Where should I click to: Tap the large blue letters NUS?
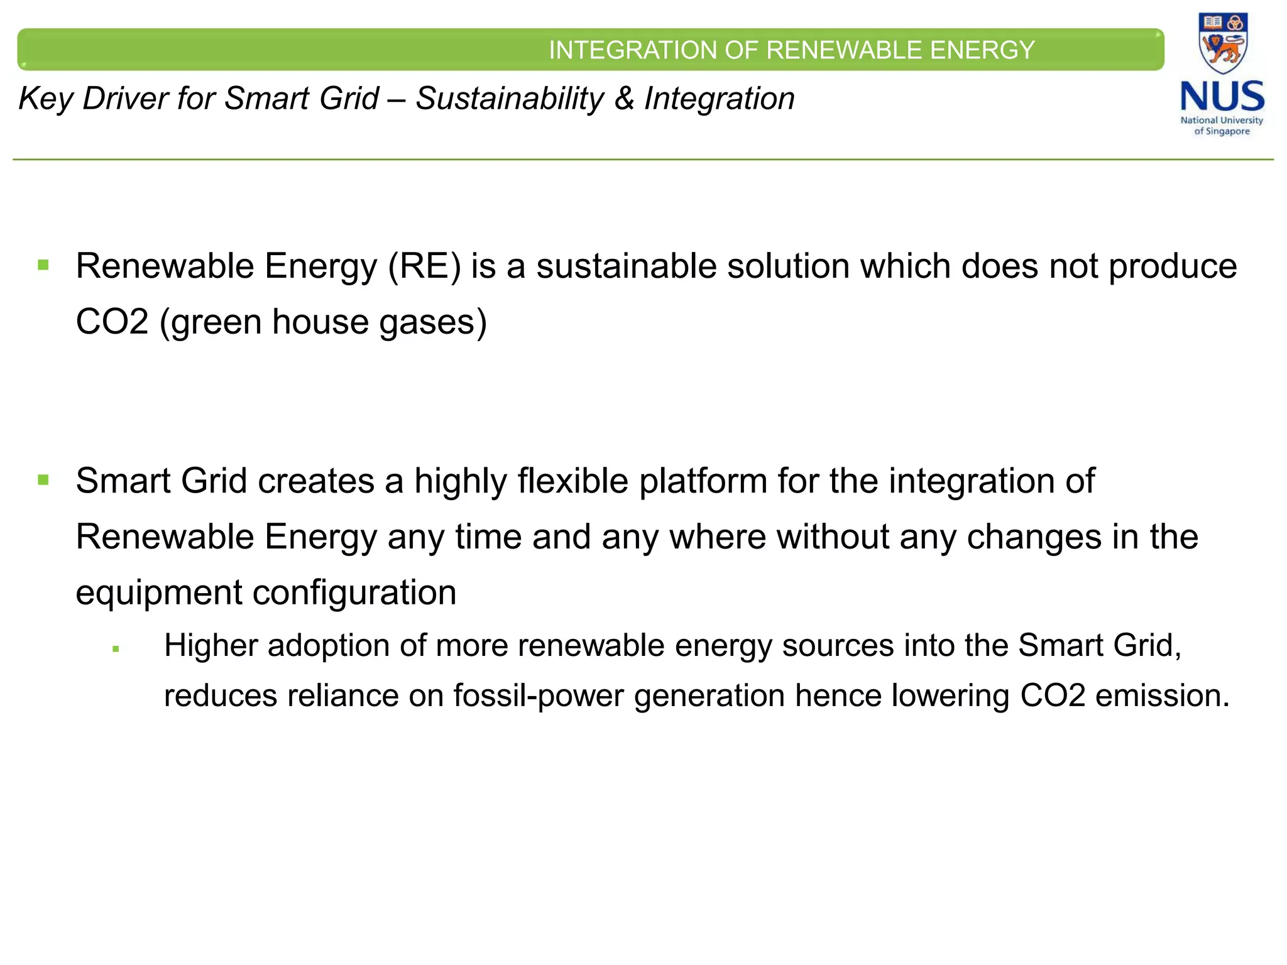click(x=1222, y=97)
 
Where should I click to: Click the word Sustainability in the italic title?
click(x=510, y=99)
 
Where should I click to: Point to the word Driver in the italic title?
click(x=126, y=99)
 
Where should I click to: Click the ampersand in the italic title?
click(x=624, y=99)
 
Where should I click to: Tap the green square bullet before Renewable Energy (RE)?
click(x=43, y=264)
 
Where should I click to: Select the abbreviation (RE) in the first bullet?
click(x=425, y=266)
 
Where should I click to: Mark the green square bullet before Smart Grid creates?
click(x=43, y=480)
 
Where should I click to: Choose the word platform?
click(x=703, y=482)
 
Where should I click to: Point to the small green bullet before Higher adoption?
click(x=116, y=649)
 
